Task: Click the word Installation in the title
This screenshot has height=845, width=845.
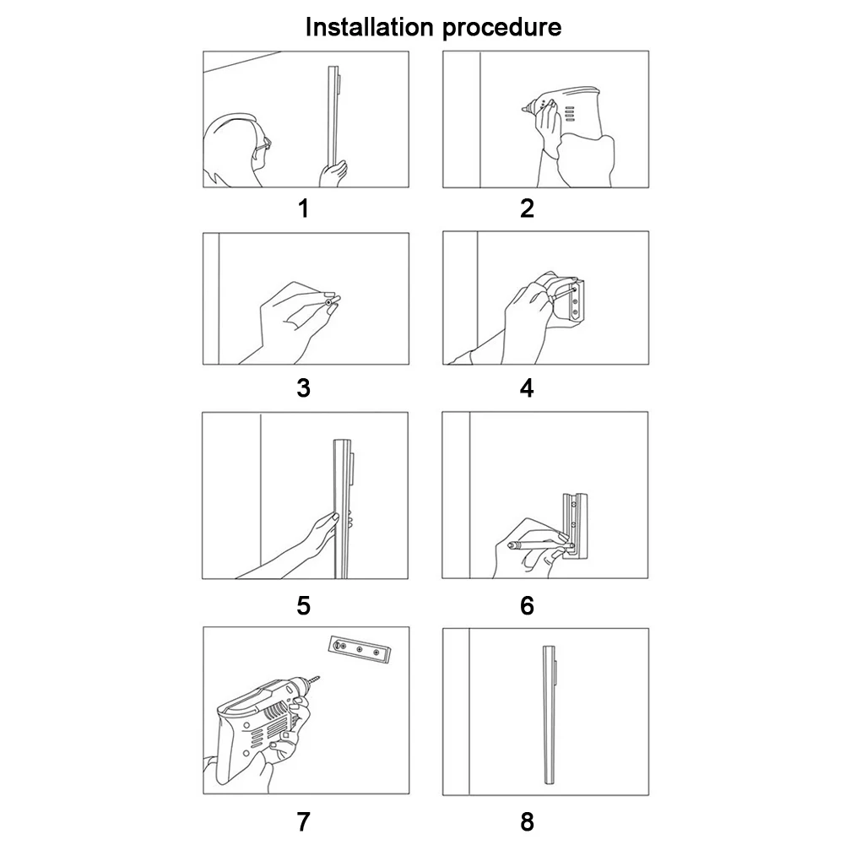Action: coord(369,27)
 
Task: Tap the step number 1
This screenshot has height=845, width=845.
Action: coord(303,209)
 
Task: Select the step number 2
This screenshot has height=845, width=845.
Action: coord(527,209)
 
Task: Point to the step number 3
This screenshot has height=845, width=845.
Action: coord(303,388)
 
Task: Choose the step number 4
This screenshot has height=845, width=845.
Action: coord(527,388)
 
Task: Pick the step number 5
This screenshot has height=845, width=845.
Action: coord(303,606)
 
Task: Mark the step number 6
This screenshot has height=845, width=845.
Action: coord(527,606)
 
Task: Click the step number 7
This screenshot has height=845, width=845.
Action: coord(303,822)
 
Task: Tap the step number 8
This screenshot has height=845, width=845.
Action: coord(527,822)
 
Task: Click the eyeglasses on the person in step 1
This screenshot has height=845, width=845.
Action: coord(264,144)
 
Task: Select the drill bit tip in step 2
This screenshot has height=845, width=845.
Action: coord(524,110)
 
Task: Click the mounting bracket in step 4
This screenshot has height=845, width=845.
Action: coord(574,301)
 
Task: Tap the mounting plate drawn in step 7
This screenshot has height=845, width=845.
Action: coord(359,649)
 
